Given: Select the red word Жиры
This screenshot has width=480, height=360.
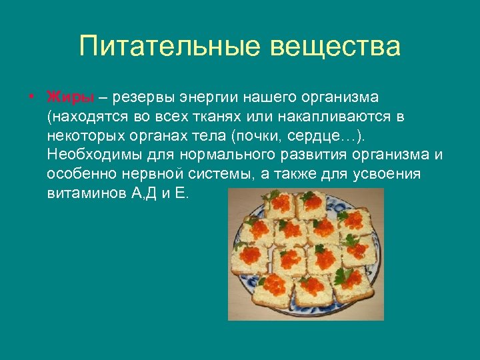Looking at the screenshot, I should point(70,97).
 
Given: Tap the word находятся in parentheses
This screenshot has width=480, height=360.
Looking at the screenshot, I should point(87,117).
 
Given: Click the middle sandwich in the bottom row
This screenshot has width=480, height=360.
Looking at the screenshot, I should point(314,290).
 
